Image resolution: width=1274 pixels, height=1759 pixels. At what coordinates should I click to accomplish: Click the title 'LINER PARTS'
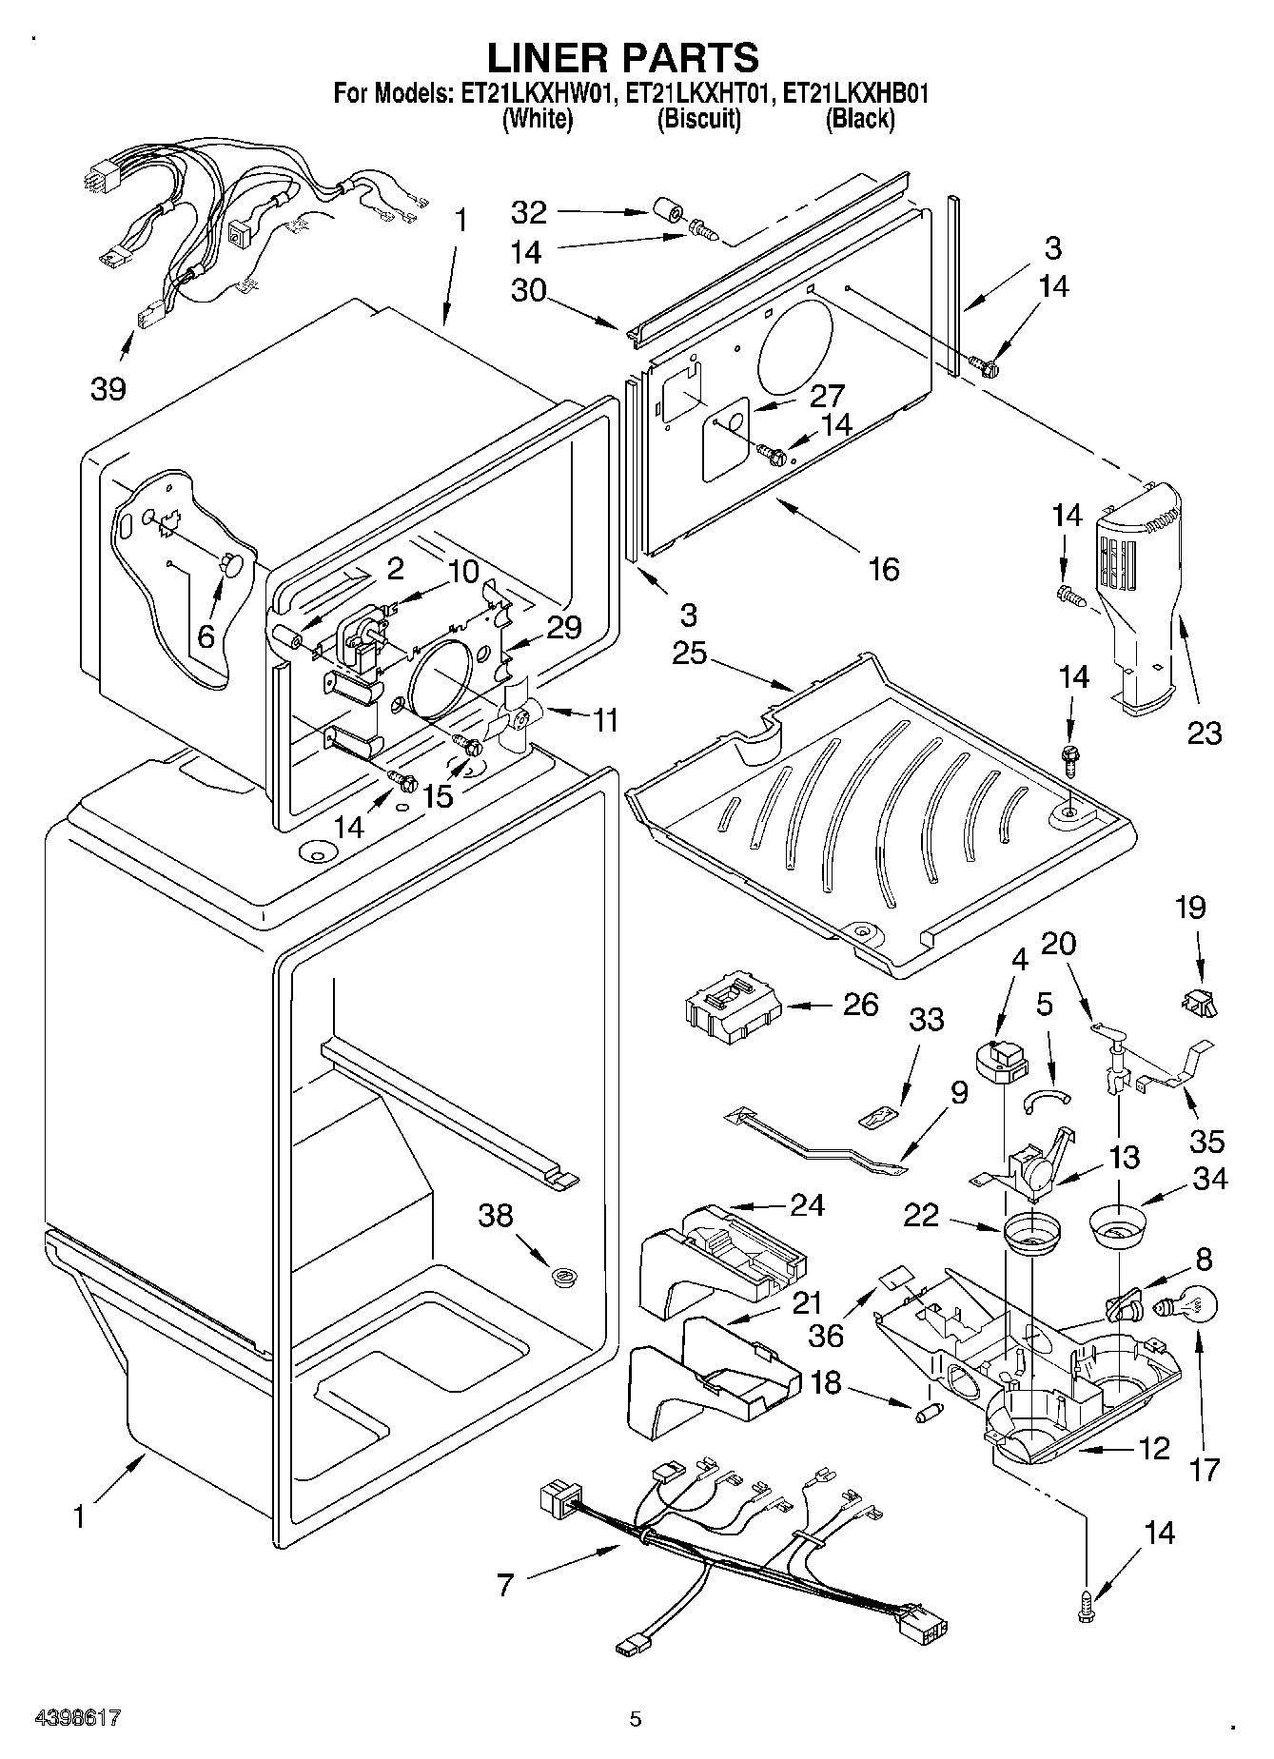coord(623,57)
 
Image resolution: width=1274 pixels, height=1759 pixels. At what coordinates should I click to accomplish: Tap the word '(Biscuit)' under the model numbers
coord(699,119)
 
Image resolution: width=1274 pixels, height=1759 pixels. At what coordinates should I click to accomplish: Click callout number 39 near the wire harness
coord(108,389)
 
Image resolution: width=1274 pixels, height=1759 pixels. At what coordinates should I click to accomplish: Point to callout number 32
coord(529,212)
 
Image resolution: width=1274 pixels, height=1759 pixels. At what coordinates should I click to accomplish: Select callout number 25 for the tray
coord(692,655)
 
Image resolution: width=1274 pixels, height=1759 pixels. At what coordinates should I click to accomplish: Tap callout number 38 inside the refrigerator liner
coord(497,1215)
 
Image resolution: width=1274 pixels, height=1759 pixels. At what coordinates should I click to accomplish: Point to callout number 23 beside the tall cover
coord(1204,733)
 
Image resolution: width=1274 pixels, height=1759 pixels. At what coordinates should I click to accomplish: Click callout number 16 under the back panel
coord(883,569)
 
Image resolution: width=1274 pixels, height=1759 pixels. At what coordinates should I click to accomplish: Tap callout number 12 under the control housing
coord(1153,1448)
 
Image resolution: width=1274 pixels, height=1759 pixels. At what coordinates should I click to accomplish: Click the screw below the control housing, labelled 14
coord(1089,1607)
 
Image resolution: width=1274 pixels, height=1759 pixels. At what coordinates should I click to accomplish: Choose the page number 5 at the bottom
coord(636,1718)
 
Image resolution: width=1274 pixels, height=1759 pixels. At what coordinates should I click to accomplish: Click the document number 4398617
coord(79,1718)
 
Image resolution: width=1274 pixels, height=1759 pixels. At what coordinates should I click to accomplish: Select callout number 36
coord(826,1335)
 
